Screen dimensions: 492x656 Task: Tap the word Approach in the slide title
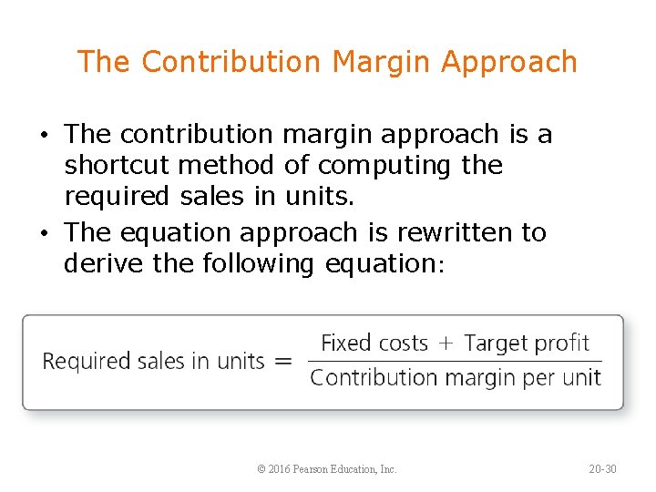point(509,62)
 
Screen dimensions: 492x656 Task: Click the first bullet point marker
point(45,135)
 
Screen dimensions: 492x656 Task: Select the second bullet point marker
point(45,233)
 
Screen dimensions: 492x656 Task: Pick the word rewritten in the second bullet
point(440,232)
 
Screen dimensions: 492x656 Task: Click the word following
point(255,264)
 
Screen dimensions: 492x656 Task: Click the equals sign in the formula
point(283,362)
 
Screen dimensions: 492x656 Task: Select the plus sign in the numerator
point(446,344)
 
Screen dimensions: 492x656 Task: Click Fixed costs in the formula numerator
point(374,343)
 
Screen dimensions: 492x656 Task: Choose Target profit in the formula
point(527,343)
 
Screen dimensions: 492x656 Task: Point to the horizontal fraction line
point(456,361)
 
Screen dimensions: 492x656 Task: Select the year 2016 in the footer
point(280,469)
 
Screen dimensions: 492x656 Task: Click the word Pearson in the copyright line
point(315,469)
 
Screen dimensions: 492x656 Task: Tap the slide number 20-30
point(602,469)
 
